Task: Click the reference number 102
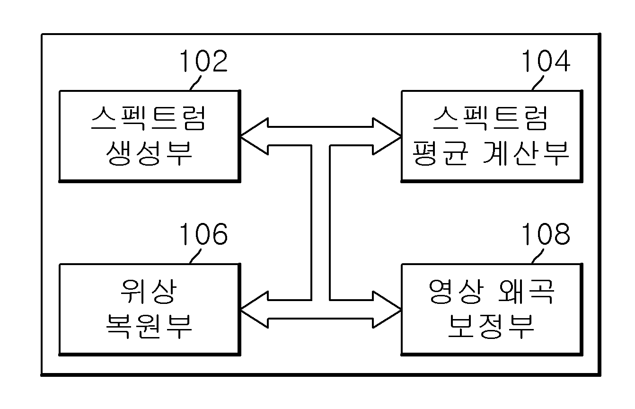(x=203, y=61)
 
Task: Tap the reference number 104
(x=546, y=61)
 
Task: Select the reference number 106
(x=203, y=234)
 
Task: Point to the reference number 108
(x=546, y=234)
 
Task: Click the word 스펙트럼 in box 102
(x=148, y=118)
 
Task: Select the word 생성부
(x=150, y=153)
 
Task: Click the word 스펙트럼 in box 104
(x=490, y=118)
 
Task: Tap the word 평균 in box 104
(x=440, y=153)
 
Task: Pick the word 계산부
(x=526, y=153)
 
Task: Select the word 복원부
(x=150, y=327)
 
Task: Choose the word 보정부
(x=491, y=327)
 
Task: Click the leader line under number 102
(x=195, y=83)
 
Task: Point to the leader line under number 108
(x=538, y=256)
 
